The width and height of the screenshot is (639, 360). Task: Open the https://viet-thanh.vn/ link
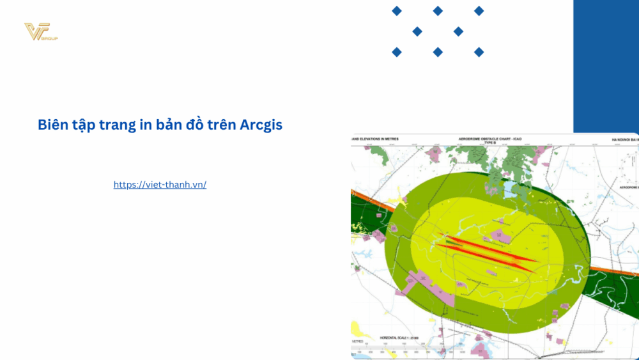pyautogui.click(x=160, y=184)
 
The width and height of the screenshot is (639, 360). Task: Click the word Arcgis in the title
pyautogui.click(x=261, y=125)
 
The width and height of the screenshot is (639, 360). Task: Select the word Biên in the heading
pyautogui.click(x=53, y=125)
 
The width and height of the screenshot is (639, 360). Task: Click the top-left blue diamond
pyautogui.click(x=397, y=11)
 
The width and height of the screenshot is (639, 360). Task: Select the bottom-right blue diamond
pyautogui.click(x=479, y=52)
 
